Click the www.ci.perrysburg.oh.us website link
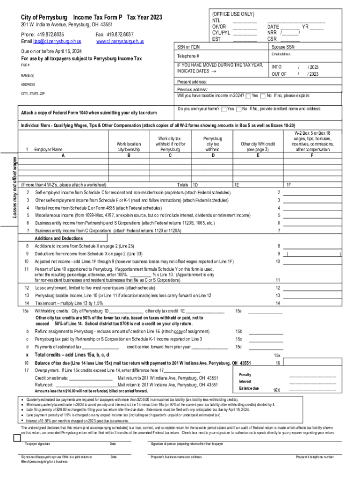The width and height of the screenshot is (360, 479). tap(120, 42)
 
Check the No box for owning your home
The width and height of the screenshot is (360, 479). tap(239, 109)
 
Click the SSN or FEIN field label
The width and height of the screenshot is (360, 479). tap(189, 48)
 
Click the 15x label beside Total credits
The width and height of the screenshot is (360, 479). tap(277, 355)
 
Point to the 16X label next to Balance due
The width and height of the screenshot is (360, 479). tap(277, 390)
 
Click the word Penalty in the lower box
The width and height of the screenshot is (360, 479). tap(245, 375)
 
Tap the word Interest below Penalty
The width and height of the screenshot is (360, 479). tap(245, 381)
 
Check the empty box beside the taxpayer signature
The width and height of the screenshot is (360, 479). tap(17, 438)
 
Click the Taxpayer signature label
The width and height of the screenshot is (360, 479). tap(38, 443)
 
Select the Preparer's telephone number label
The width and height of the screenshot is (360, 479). tap(315, 457)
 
